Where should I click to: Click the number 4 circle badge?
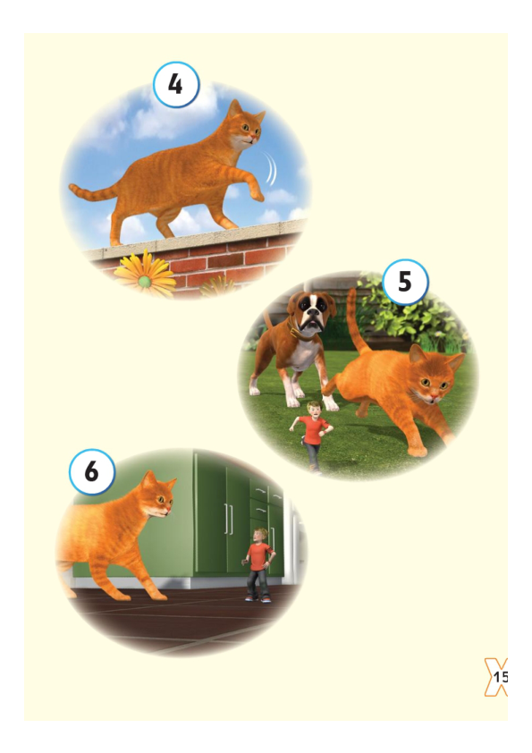click(176, 85)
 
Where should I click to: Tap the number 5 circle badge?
click(405, 283)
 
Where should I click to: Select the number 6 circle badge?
click(92, 472)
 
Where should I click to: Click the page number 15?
click(499, 677)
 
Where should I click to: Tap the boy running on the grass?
click(313, 434)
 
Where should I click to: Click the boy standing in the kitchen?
click(258, 563)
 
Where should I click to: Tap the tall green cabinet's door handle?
click(228, 519)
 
